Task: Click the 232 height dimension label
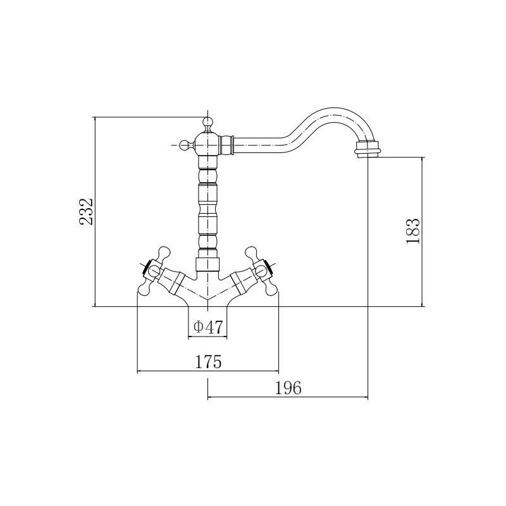click(86, 212)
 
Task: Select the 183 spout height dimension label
click(414, 231)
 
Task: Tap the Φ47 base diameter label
click(208, 328)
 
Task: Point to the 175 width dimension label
click(208, 361)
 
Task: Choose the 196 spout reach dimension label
click(288, 388)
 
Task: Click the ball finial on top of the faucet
click(207, 123)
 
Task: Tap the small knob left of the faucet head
click(184, 145)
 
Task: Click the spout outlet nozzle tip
click(368, 151)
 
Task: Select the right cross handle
click(264, 271)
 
